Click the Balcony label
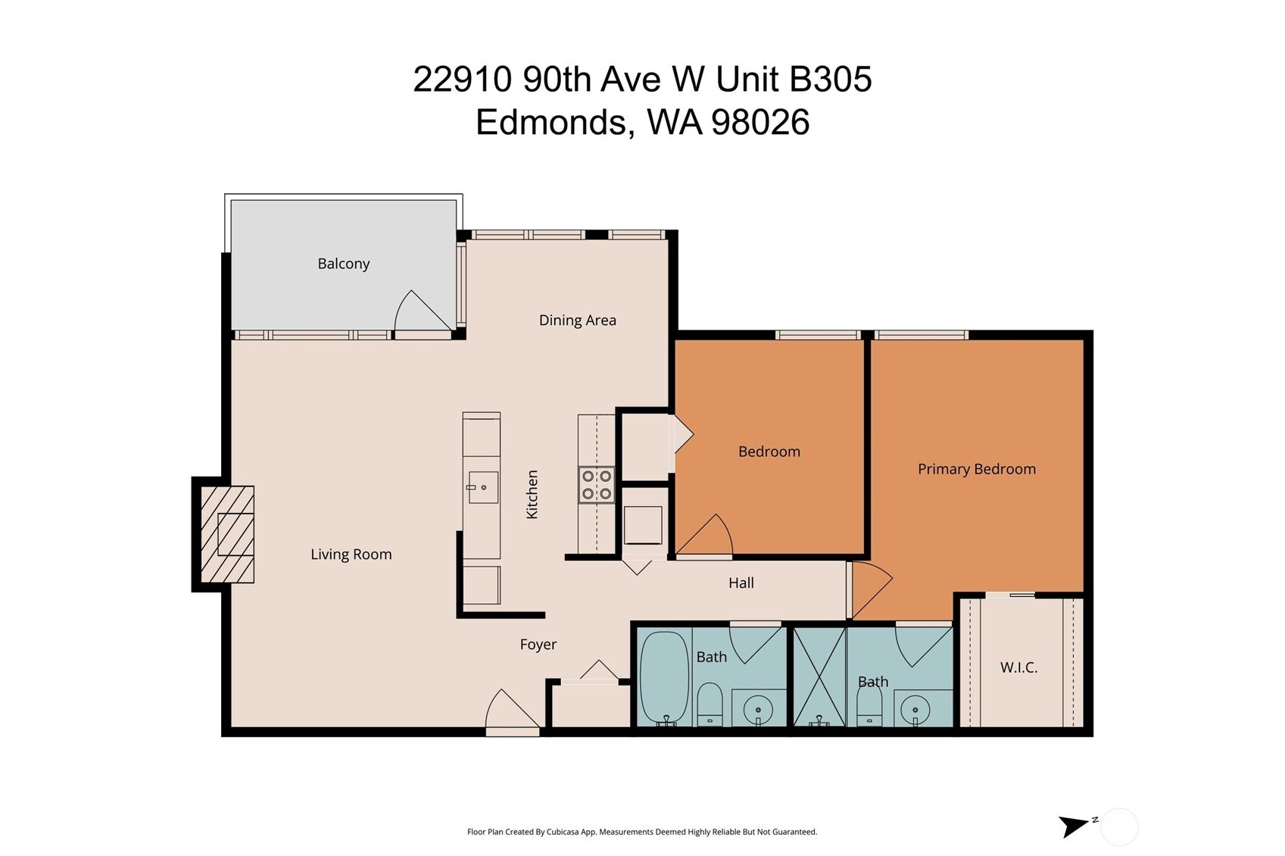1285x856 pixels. click(343, 264)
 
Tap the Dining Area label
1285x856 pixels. click(577, 320)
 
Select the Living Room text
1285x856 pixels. click(351, 555)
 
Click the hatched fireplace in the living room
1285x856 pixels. click(227, 534)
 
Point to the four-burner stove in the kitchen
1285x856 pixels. click(596, 486)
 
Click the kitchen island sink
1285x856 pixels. click(482, 487)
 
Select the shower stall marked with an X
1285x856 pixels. click(819, 676)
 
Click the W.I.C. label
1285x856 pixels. click(1018, 667)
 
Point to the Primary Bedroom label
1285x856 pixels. click(976, 469)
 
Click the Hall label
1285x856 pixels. click(741, 583)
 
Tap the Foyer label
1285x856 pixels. click(538, 645)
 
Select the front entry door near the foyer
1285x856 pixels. click(511, 712)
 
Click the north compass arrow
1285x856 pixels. click(1072, 826)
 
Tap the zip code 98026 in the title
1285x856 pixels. click(760, 122)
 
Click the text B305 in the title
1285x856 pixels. click(830, 79)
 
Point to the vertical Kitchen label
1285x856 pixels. click(532, 495)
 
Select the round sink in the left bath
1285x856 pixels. click(757, 710)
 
